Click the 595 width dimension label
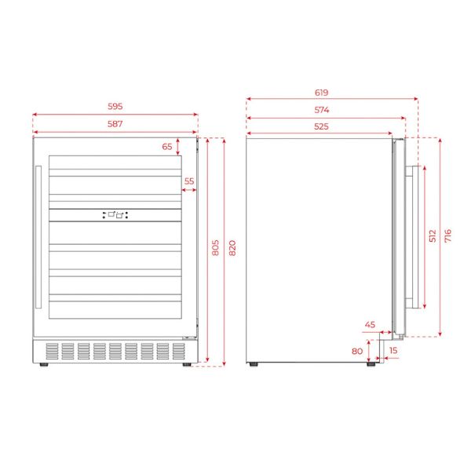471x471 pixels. (115, 106)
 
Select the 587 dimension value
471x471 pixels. (115, 124)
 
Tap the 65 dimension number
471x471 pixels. (167, 147)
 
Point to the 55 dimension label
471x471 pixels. (189, 181)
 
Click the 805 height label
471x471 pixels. (215, 248)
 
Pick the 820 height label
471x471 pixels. (232, 248)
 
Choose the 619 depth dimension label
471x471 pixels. (321, 93)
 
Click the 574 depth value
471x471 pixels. (321, 110)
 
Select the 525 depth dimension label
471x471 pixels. (321, 126)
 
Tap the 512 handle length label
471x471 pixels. (433, 235)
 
